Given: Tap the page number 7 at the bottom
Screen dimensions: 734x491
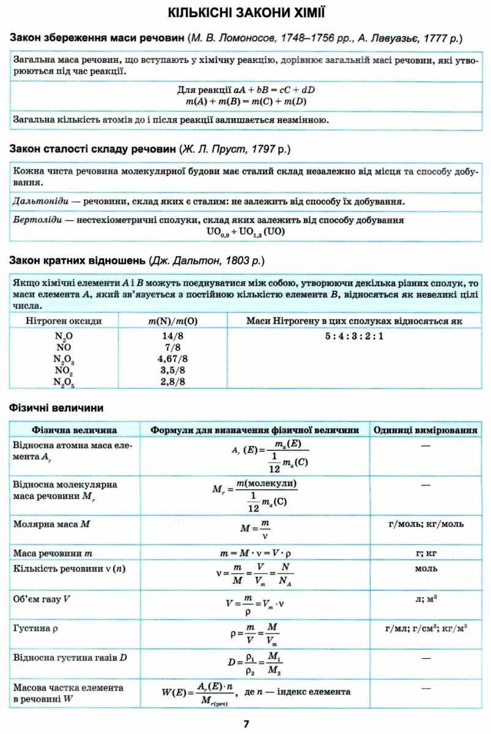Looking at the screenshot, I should coord(246,724).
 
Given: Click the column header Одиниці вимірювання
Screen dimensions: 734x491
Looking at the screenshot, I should coord(426,430).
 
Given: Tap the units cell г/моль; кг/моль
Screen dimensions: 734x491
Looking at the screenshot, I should coord(426,524).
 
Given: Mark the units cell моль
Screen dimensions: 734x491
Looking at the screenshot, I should coord(426,569).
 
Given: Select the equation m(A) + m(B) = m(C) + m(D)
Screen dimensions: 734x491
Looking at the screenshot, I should coord(246,101).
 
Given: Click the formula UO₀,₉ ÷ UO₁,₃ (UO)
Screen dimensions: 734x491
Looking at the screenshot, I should coord(246,232).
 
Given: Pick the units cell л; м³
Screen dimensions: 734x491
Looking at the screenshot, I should coord(426,598).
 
